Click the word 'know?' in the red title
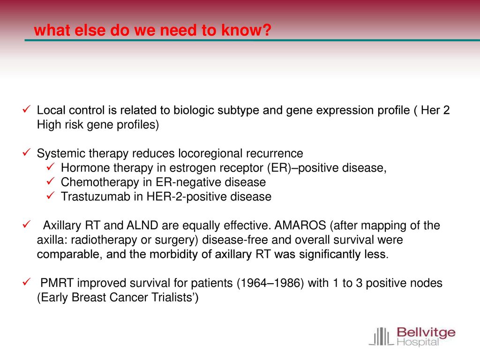(x=246, y=30)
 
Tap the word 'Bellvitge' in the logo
(x=426, y=332)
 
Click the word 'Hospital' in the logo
(x=418, y=342)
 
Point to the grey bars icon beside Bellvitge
(x=381, y=337)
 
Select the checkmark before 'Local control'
(x=27, y=109)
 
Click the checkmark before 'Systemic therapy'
(x=27, y=152)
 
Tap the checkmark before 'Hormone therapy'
(x=51, y=167)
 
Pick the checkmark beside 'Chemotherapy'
(x=51, y=181)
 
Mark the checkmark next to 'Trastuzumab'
(x=51, y=195)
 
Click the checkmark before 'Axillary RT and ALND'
(x=27, y=225)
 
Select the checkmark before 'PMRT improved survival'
(x=27, y=282)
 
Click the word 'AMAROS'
(x=300, y=225)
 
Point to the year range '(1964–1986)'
(x=270, y=283)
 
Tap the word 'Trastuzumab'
(x=96, y=196)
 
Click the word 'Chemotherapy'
(x=100, y=182)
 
